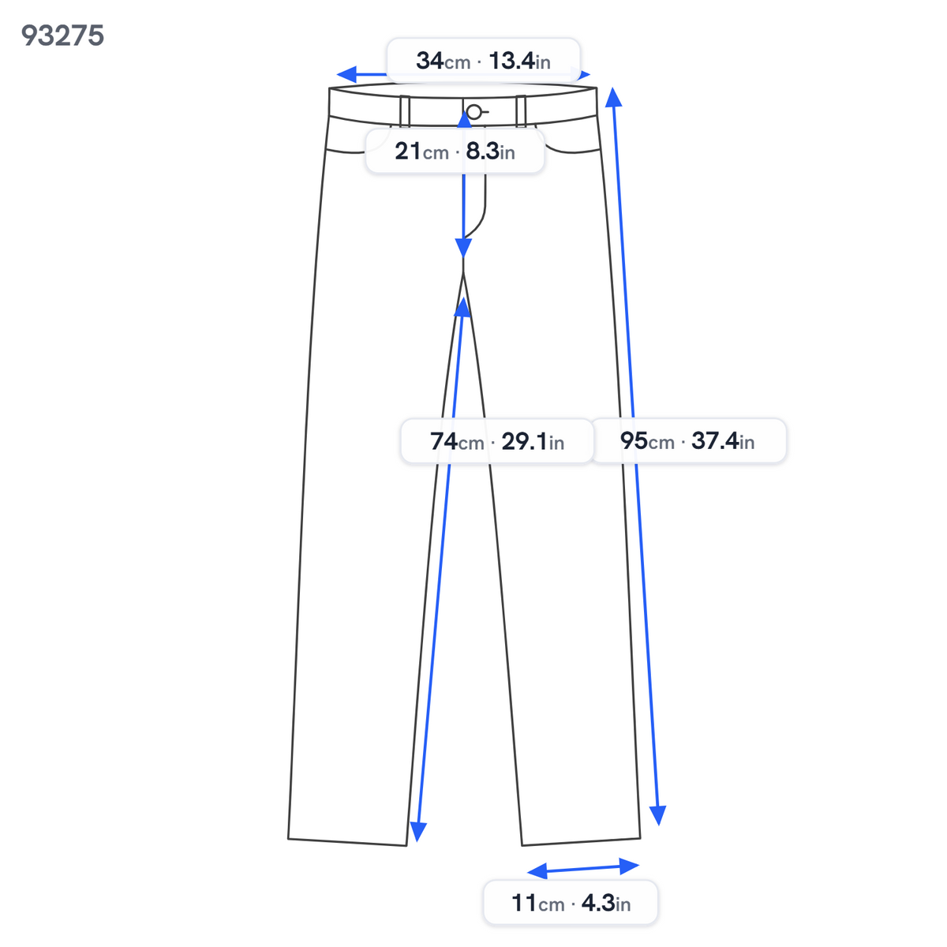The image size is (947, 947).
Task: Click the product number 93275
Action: point(62,36)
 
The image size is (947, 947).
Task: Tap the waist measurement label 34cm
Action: point(443,61)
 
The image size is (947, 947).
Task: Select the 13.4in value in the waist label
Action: point(519,61)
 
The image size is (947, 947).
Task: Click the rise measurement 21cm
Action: point(421,151)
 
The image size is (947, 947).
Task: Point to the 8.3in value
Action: point(490,151)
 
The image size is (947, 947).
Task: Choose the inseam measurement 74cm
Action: point(457,441)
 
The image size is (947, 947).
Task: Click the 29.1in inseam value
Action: point(532,441)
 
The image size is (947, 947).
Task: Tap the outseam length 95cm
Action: point(647,440)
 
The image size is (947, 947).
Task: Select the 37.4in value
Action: point(722,440)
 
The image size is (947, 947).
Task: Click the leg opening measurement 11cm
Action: point(537,903)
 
